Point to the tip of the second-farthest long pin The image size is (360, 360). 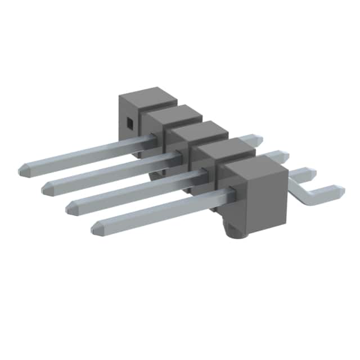(x=46, y=188)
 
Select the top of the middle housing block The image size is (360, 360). (x=199, y=130)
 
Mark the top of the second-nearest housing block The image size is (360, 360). (x=225, y=148)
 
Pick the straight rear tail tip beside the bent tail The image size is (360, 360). (x=311, y=172)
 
